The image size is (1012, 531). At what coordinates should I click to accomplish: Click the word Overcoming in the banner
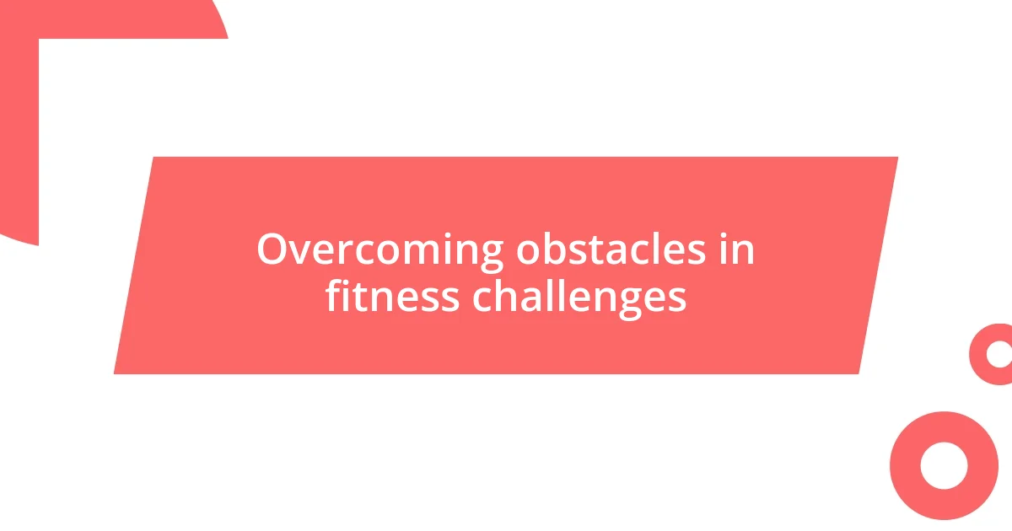tap(380, 250)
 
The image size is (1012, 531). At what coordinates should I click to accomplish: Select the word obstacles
tap(611, 250)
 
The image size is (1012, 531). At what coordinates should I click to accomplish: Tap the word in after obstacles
tap(737, 250)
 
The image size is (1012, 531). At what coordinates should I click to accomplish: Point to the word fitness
tap(392, 298)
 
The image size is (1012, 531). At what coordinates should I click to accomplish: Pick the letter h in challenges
tap(501, 296)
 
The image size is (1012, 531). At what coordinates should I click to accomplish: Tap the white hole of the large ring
tap(944, 465)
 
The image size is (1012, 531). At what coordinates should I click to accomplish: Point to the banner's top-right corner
tap(897, 158)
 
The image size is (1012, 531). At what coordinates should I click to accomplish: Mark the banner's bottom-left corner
tap(115, 373)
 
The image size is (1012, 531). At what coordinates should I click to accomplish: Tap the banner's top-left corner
tap(153, 158)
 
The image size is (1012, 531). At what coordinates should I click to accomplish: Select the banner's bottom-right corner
tap(859, 373)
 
